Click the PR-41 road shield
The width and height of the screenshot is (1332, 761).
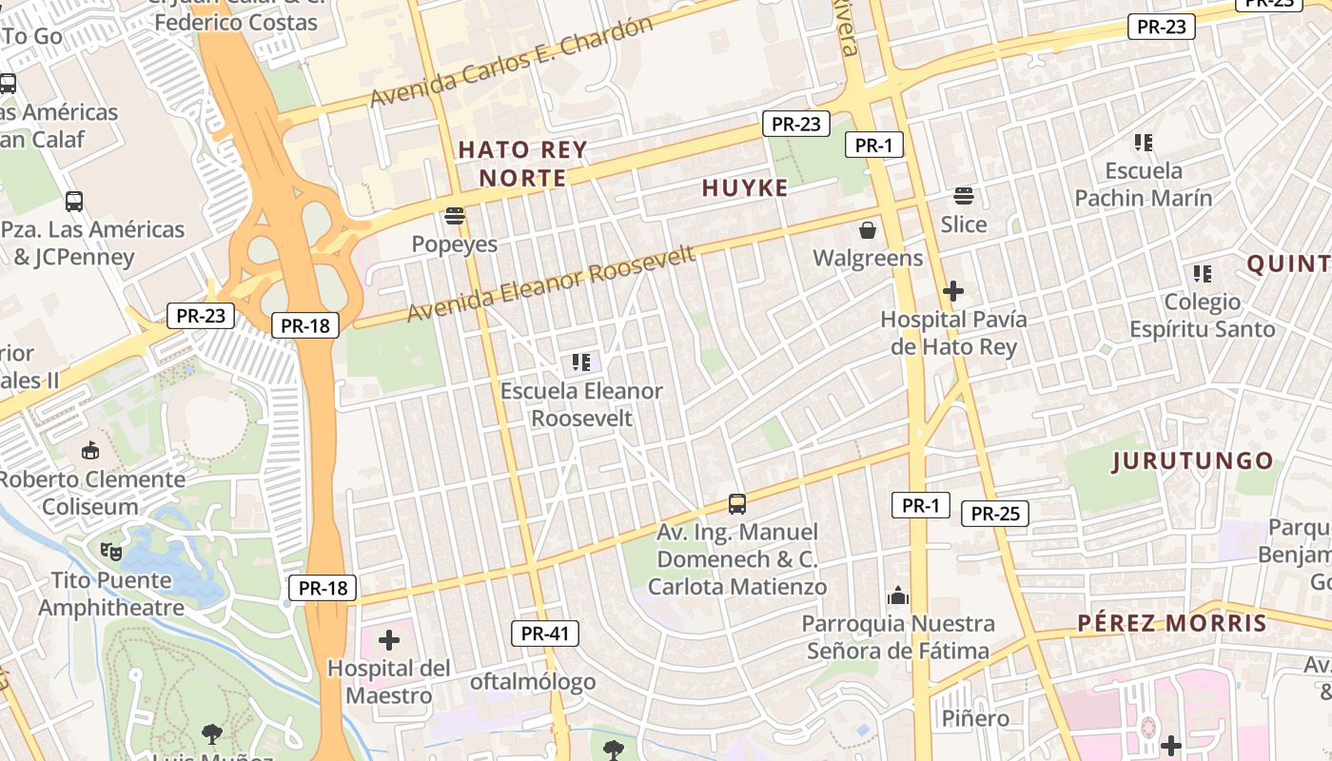pos(545,634)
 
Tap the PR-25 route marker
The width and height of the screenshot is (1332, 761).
pos(995,514)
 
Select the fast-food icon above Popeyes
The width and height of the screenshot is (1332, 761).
pos(455,216)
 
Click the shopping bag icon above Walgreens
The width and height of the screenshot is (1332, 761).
pos(868,230)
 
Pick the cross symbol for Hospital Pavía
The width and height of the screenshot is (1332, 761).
pos(953,291)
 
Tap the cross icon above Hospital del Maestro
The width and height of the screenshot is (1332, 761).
pos(389,640)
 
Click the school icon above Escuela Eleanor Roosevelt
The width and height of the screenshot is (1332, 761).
pos(581,362)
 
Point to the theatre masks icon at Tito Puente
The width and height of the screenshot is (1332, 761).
pos(111,551)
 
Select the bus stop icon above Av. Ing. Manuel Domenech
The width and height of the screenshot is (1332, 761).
pos(737,504)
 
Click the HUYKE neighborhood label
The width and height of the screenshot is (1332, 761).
pos(745,188)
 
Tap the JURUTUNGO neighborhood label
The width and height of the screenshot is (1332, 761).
pos(1193,461)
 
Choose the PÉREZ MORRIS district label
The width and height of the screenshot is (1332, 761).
pos(1172,623)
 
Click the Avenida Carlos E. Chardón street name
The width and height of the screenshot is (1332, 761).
pos(511,63)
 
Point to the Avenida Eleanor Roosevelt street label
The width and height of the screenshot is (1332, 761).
pos(551,283)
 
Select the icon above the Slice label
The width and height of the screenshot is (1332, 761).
pos(964,197)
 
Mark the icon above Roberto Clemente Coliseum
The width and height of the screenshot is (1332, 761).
pos(90,450)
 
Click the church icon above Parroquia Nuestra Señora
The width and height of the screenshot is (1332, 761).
pos(898,596)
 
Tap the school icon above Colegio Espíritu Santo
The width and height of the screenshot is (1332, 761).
pos(1203,274)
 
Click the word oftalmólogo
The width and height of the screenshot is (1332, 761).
pos(533,681)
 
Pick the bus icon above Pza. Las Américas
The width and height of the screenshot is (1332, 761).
pos(73,202)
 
